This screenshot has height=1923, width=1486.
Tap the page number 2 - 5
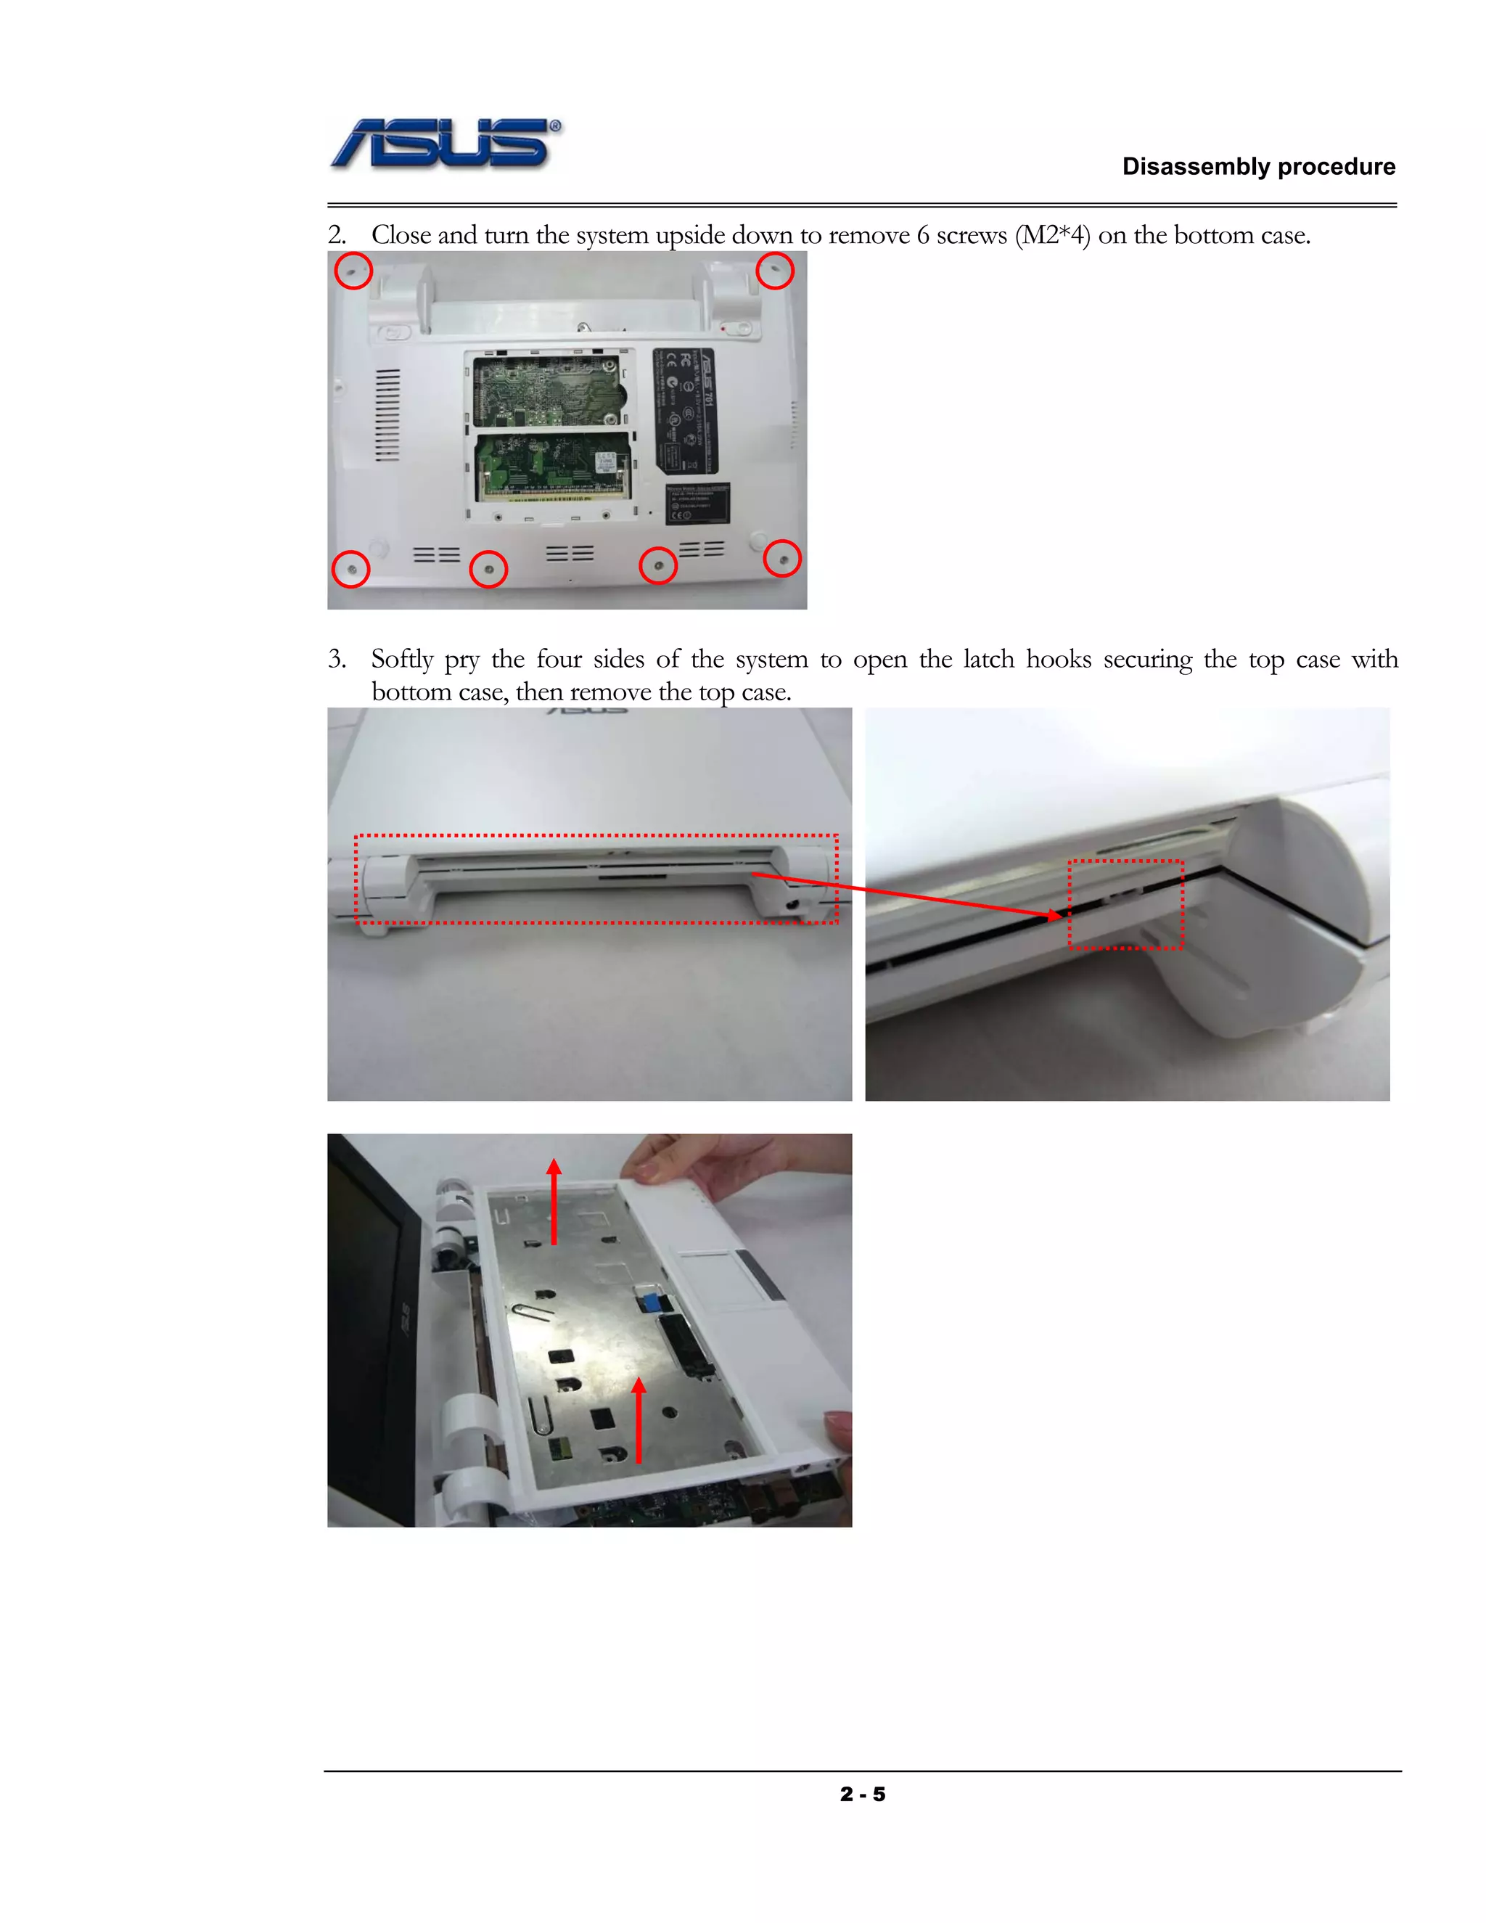862,1794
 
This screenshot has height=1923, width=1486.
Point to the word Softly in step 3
402,659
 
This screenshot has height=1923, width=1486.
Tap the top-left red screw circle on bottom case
354,271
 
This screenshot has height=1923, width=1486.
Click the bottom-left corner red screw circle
350,570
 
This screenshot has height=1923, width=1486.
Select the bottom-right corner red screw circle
781,558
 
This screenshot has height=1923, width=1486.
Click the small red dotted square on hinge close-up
1125,904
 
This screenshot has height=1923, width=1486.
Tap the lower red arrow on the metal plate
639,1419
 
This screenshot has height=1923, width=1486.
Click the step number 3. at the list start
337,659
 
